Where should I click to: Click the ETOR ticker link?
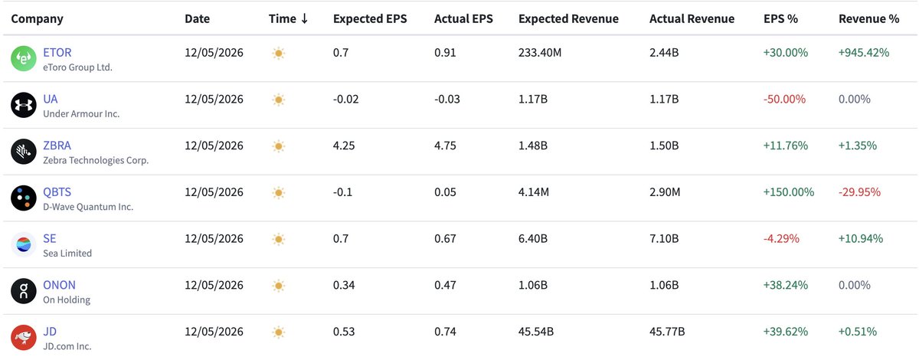[x=57, y=53]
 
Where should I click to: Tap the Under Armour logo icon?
[x=24, y=105]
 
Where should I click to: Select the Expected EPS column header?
[x=370, y=19]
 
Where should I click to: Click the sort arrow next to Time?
[x=305, y=18]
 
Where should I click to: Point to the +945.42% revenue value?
[x=864, y=53]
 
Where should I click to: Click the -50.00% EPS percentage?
[x=784, y=99]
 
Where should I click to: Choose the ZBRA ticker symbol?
[x=57, y=146]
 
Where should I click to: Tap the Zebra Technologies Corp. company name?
[x=96, y=160]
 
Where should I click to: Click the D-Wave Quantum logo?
[x=24, y=198]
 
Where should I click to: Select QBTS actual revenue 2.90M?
[x=665, y=192]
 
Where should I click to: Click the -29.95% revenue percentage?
[x=859, y=192]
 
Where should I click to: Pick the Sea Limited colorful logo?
[x=24, y=244]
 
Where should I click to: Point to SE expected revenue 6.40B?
[x=532, y=238]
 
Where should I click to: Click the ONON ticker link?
[x=59, y=285]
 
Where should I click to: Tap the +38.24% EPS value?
[x=785, y=285]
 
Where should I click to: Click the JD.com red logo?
[x=24, y=338]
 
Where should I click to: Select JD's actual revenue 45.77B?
[x=667, y=331]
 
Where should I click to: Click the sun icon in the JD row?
[x=279, y=332]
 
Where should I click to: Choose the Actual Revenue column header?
[x=692, y=19]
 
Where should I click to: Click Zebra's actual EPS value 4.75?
[x=445, y=146]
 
